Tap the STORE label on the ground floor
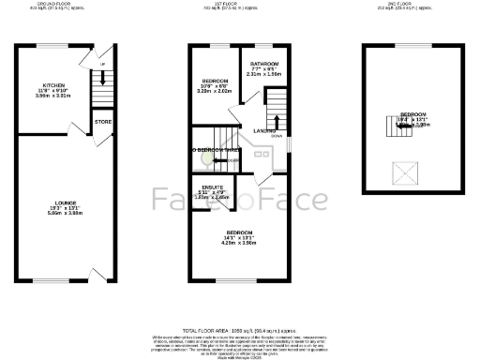pyautogui.click(x=103, y=121)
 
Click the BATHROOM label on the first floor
pyautogui.click(x=263, y=64)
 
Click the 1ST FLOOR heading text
pyautogui.click(x=236, y=4)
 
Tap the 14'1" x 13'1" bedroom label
pyautogui.click(x=238, y=237)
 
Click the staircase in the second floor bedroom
pyautogui.click(x=400, y=125)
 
